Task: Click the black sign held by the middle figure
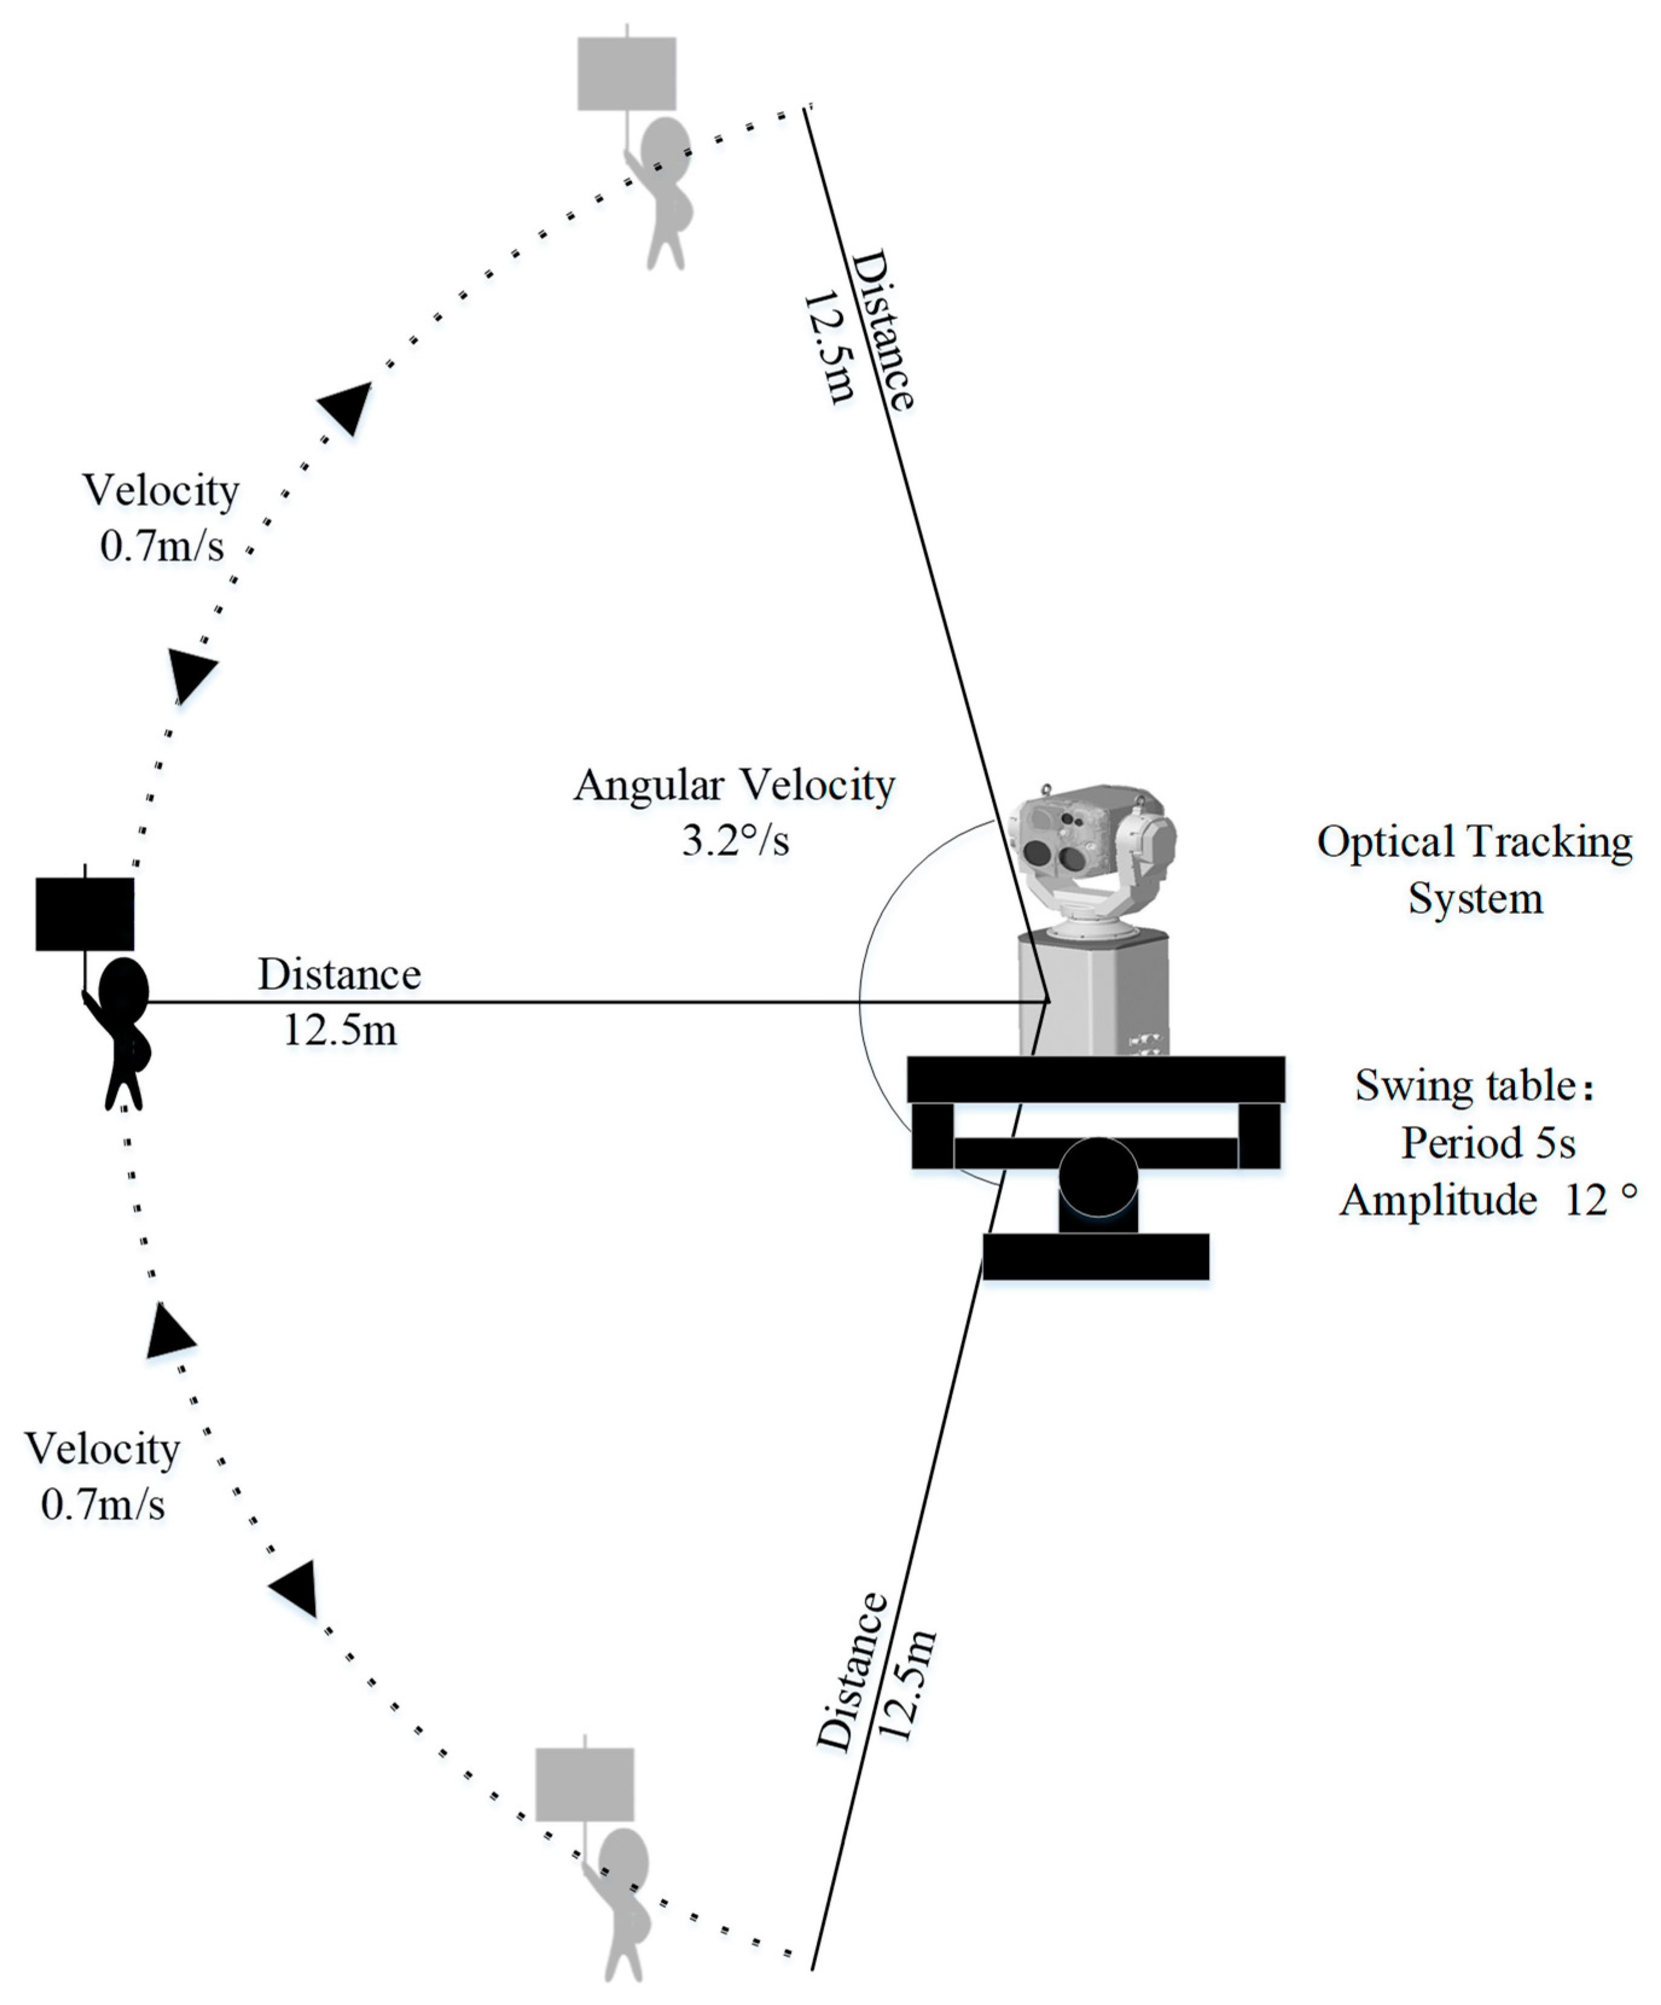(85, 914)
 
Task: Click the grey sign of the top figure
(626, 74)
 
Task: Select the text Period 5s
(1487, 1143)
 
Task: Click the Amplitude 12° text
(1487, 1200)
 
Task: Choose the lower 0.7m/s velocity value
(103, 1505)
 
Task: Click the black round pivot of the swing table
(1098, 1176)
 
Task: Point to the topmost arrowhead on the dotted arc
(347, 406)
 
